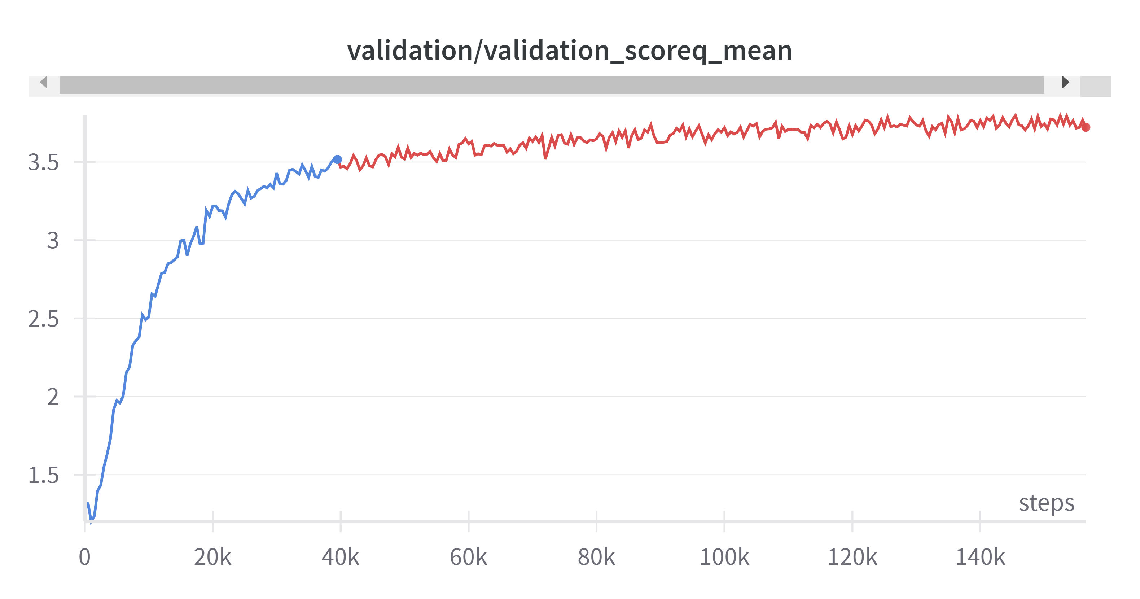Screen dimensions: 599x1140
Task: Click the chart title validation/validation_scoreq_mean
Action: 570,51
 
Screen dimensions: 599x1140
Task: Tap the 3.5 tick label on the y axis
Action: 43,162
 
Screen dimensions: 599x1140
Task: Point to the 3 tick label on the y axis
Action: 53,241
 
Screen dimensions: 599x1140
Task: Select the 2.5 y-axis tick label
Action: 43,319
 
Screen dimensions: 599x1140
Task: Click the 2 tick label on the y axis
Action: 53,397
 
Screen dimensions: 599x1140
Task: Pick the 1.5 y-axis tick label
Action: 43,475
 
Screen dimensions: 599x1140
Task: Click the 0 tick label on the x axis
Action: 84,557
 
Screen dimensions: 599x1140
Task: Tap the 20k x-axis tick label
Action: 212,557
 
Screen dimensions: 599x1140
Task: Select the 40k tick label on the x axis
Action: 340,557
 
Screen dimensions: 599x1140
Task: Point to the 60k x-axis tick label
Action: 468,557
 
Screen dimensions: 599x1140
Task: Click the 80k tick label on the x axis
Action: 596,557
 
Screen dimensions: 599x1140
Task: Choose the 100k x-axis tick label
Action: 724,557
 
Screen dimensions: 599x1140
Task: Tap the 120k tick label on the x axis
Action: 852,557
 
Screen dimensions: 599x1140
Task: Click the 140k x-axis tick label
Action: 980,557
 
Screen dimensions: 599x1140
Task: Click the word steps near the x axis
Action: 1047,503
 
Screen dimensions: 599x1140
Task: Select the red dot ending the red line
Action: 1086,127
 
